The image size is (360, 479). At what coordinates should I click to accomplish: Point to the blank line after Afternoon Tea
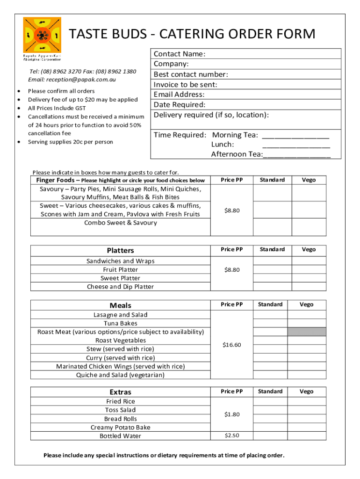tap(297, 155)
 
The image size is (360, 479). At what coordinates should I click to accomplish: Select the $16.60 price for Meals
tap(232, 345)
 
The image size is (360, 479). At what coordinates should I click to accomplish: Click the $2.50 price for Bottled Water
tap(232, 435)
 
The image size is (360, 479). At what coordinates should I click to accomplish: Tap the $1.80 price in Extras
tap(232, 414)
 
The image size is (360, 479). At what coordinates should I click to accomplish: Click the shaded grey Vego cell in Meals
tap(306, 332)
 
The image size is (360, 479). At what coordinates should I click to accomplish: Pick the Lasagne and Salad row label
tap(120, 315)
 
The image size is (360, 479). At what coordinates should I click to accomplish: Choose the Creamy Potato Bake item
tap(120, 428)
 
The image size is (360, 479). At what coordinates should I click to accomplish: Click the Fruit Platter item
tap(120, 270)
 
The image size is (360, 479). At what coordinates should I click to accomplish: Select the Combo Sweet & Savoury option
tap(120, 223)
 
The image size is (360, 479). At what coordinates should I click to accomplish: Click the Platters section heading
tap(120, 251)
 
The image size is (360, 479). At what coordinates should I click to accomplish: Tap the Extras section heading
tap(120, 392)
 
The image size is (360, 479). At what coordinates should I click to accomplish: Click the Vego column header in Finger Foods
tap(309, 180)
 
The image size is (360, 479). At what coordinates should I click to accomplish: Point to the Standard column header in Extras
tap(270, 392)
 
